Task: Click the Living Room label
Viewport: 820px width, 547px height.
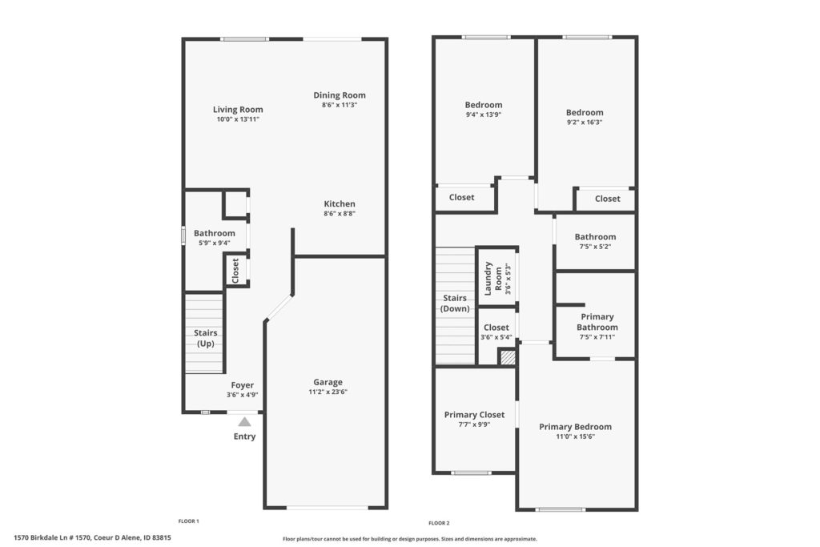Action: (x=238, y=109)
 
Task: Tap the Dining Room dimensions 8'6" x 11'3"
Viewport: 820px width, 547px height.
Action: (x=340, y=105)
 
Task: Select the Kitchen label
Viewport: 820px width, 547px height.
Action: (x=340, y=204)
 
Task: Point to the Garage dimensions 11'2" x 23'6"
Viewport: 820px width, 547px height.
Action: (x=328, y=392)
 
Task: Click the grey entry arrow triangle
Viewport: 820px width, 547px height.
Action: (x=244, y=421)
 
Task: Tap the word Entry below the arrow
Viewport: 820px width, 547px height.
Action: (x=244, y=436)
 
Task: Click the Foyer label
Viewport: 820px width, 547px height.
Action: (x=242, y=385)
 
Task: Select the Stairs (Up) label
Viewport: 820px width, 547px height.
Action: (x=206, y=338)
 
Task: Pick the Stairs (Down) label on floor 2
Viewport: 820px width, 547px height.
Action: (x=455, y=304)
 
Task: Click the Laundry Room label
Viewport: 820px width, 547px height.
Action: (x=493, y=279)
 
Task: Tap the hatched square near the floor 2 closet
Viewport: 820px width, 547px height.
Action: (x=507, y=358)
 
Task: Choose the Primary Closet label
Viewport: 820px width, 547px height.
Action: (x=474, y=415)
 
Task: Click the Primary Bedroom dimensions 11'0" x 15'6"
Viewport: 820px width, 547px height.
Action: (x=575, y=436)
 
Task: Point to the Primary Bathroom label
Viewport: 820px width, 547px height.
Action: (x=597, y=322)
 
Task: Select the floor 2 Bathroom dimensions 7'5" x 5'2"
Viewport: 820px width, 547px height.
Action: (x=595, y=247)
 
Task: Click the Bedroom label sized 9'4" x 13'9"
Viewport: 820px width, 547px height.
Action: (x=483, y=105)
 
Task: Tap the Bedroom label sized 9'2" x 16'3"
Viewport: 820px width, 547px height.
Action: (x=584, y=112)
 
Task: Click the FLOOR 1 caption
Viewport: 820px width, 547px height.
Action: (x=189, y=521)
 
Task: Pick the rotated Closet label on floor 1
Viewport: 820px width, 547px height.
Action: (x=235, y=271)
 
